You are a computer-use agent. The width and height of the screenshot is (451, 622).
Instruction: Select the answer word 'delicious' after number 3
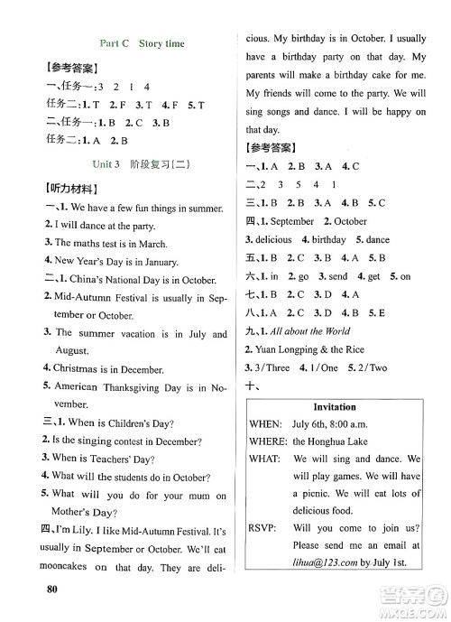[x=272, y=239]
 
